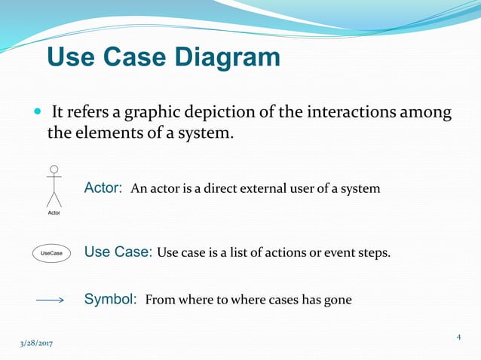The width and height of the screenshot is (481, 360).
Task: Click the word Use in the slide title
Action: (x=73, y=57)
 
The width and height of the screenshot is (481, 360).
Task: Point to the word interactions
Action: (x=351, y=113)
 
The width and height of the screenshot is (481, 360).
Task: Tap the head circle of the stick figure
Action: (x=54, y=169)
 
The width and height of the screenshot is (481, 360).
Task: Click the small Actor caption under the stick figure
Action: (x=54, y=213)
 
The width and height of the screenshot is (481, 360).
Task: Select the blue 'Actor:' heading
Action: (x=103, y=188)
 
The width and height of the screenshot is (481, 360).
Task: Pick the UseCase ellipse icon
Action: (x=52, y=253)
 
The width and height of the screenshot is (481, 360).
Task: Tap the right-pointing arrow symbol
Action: (x=51, y=300)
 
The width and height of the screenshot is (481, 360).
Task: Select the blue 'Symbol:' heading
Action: (x=110, y=299)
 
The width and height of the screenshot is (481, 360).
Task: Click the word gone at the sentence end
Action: (x=338, y=300)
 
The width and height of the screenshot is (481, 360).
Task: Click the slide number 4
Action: (x=458, y=337)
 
